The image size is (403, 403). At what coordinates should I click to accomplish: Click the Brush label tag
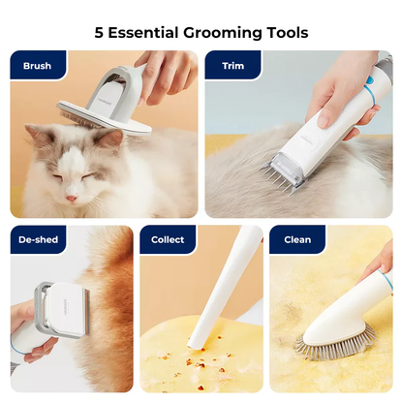(x=38, y=67)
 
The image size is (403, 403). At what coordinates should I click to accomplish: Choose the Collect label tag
(x=168, y=239)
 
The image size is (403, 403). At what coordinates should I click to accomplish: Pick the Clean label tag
(x=297, y=239)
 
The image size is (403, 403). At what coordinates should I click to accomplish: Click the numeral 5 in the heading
(x=99, y=33)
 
